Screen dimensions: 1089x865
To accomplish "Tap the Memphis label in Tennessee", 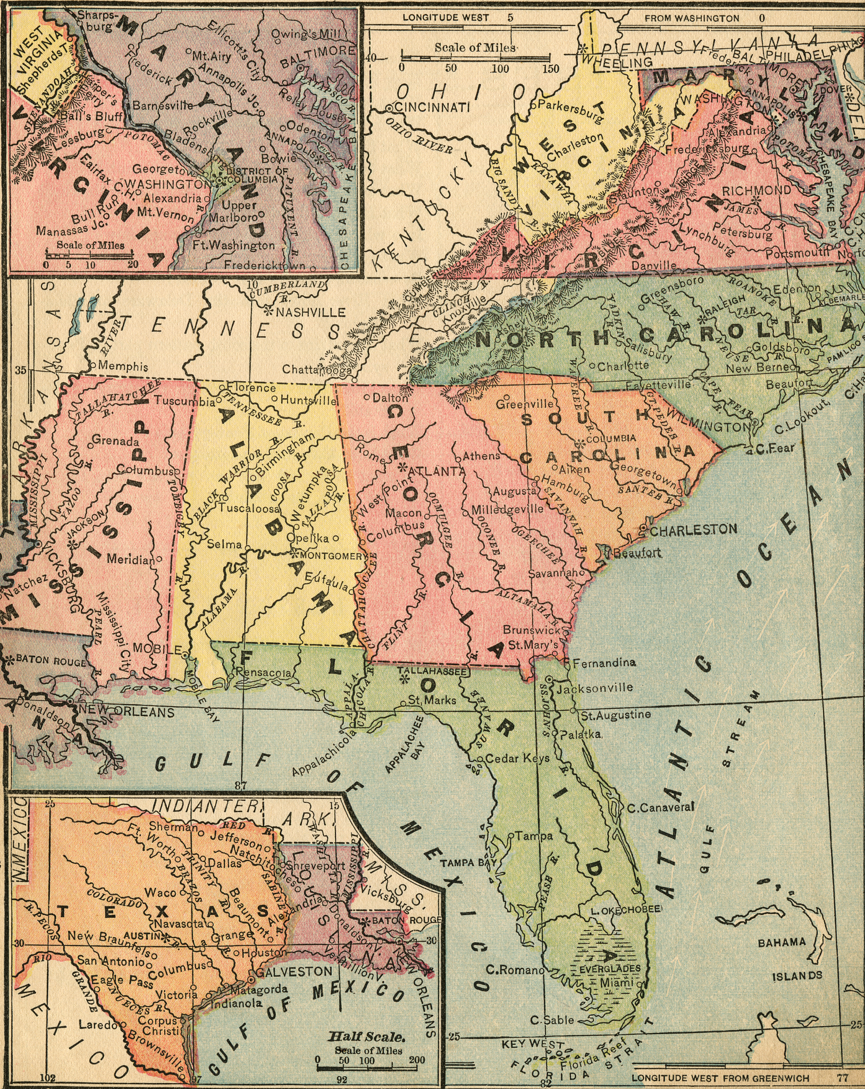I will [x=123, y=366].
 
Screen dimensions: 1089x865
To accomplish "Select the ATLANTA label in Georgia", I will [x=436, y=471].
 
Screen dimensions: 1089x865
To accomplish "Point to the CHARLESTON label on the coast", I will [x=693, y=529].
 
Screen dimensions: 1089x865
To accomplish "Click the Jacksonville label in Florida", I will [x=595, y=687].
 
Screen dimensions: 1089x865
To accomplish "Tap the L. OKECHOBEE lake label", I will [x=626, y=910].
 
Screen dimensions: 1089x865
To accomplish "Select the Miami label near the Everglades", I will [x=617, y=983].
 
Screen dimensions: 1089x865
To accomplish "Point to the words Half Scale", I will [x=367, y=1037].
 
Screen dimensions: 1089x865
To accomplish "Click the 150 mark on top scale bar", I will [x=550, y=69].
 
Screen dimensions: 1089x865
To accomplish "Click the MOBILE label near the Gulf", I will [x=157, y=649].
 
